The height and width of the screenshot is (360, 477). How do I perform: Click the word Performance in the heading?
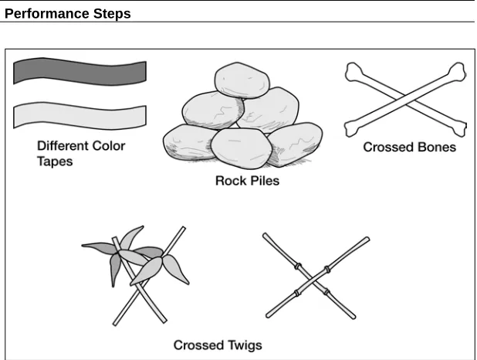47,14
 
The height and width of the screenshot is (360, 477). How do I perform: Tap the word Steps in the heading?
112,14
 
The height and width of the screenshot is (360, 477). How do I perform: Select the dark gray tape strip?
79,71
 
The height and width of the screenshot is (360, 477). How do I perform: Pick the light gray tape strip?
79,116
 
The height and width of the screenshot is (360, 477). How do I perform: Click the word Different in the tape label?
63,146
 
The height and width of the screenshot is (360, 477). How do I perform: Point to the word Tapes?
55,161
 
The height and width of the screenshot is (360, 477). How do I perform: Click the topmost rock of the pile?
242,80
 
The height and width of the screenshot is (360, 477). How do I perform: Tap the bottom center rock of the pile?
241,148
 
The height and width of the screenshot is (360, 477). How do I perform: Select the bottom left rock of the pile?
188,143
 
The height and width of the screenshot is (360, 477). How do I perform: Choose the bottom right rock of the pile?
296,144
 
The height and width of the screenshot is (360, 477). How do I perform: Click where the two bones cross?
406,98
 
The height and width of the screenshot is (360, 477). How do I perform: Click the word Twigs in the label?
245,345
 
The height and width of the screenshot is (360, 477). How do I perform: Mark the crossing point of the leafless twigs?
313,278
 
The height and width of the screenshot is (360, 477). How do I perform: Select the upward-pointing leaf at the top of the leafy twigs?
131,237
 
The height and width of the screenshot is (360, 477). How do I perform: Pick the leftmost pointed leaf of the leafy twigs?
99,247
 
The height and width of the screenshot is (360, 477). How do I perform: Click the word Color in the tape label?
109,146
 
